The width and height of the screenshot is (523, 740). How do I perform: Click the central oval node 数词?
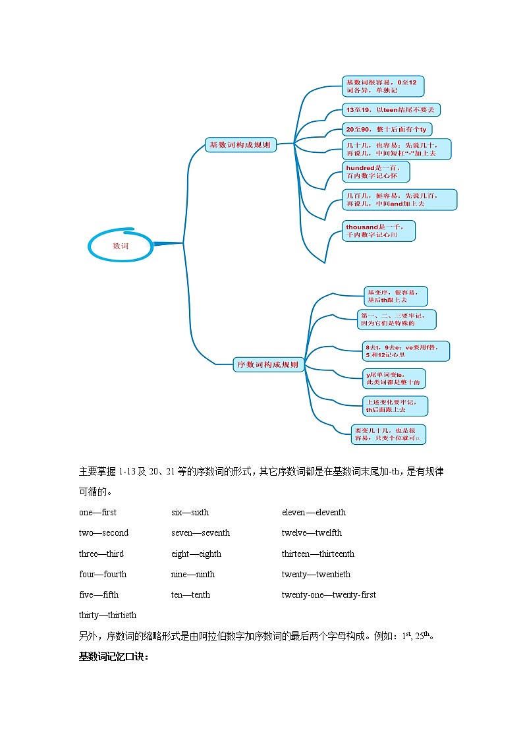[x=121, y=246]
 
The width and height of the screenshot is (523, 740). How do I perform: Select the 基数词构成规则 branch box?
[x=240, y=145]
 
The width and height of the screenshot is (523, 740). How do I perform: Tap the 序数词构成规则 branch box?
[x=268, y=364]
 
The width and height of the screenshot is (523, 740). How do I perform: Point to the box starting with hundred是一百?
[x=376, y=172]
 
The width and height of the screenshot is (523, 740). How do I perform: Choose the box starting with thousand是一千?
[x=379, y=231]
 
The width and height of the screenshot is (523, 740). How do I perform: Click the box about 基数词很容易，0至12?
[x=383, y=86]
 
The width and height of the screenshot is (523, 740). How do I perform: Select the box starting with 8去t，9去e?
[x=406, y=351]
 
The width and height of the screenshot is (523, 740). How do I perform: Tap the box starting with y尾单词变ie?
[x=395, y=378]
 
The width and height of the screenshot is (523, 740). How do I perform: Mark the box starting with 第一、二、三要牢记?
[x=397, y=320]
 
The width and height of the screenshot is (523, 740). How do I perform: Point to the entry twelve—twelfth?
[x=312, y=533]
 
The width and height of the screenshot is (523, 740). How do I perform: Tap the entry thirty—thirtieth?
[x=108, y=615]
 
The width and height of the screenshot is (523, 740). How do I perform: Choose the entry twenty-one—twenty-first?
[x=329, y=595]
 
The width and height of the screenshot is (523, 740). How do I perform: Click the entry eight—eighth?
[x=196, y=554]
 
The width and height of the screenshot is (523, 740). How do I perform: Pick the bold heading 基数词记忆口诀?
[x=114, y=657]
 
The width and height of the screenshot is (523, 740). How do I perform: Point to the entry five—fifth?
[x=99, y=595]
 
